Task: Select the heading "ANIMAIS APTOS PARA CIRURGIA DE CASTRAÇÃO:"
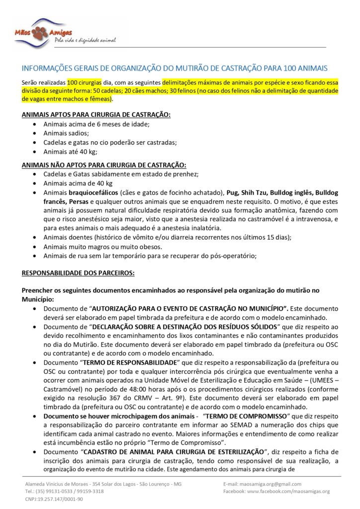tap(96, 114)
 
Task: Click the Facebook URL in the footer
tap(276, 491)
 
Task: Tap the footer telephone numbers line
tap(64, 491)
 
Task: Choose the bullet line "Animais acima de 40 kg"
tap(78, 183)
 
